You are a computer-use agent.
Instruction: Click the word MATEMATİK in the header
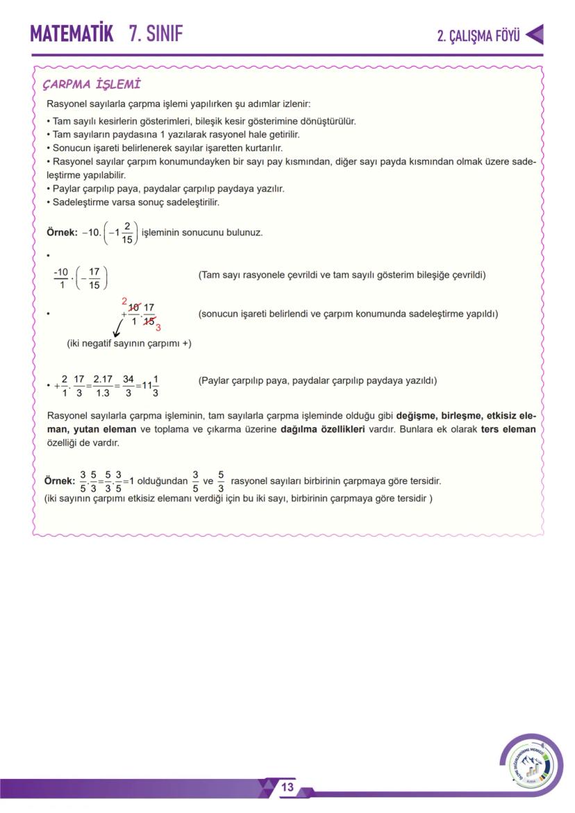coord(72,33)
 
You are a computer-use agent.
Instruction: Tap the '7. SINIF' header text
coord(156,33)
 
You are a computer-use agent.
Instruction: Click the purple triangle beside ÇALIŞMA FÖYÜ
coord(535,35)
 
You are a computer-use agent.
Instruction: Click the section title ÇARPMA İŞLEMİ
coord(92,85)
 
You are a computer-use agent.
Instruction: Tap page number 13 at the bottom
coord(287,787)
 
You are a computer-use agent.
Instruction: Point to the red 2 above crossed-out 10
coord(124,301)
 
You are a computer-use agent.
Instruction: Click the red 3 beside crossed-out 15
coord(158,327)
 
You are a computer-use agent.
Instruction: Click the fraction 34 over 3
coord(128,386)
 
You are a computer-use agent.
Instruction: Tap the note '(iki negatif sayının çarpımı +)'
coord(129,343)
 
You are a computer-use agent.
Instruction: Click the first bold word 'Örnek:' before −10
coord(62,233)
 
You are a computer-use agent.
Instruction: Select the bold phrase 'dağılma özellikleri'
coord(322,429)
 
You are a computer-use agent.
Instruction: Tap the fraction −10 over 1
coord(60,278)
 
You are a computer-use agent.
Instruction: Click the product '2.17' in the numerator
coord(103,380)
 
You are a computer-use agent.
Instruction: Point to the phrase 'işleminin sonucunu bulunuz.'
coord(202,233)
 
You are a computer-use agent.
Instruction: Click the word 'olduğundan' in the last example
coord(162,480)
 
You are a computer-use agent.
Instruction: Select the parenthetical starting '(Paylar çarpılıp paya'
coord(317,380)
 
